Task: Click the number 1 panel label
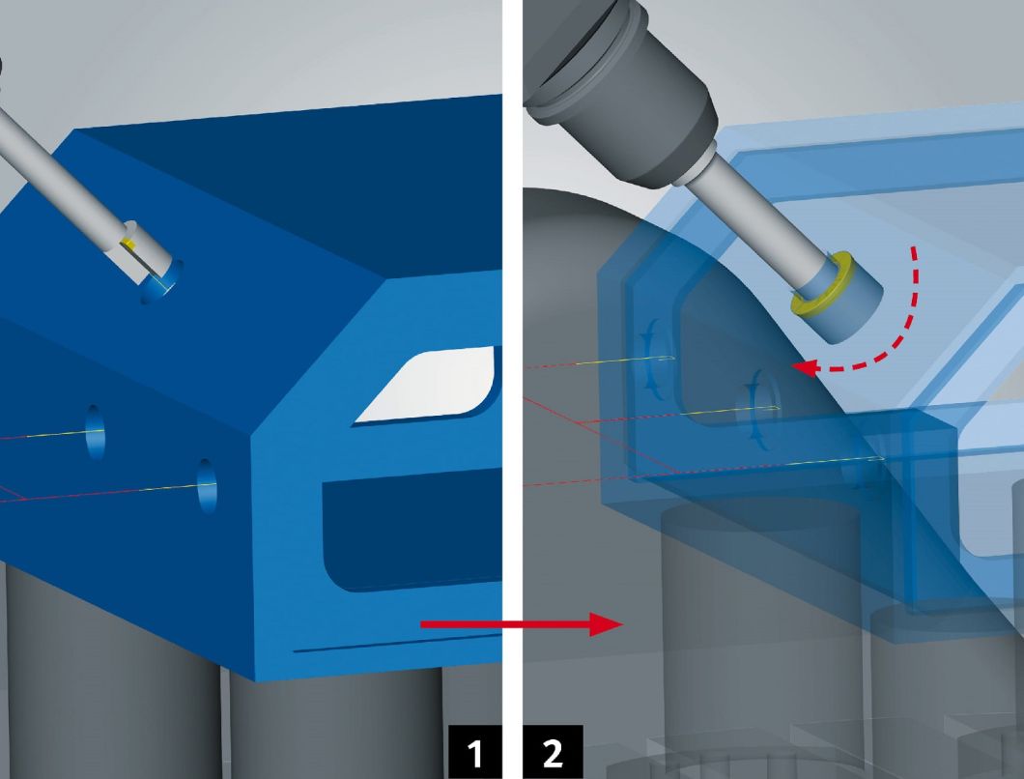coord(474,752)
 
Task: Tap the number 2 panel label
coord(554,752)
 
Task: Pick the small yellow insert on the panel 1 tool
coord(126,238)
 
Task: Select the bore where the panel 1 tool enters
coord(157,286)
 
